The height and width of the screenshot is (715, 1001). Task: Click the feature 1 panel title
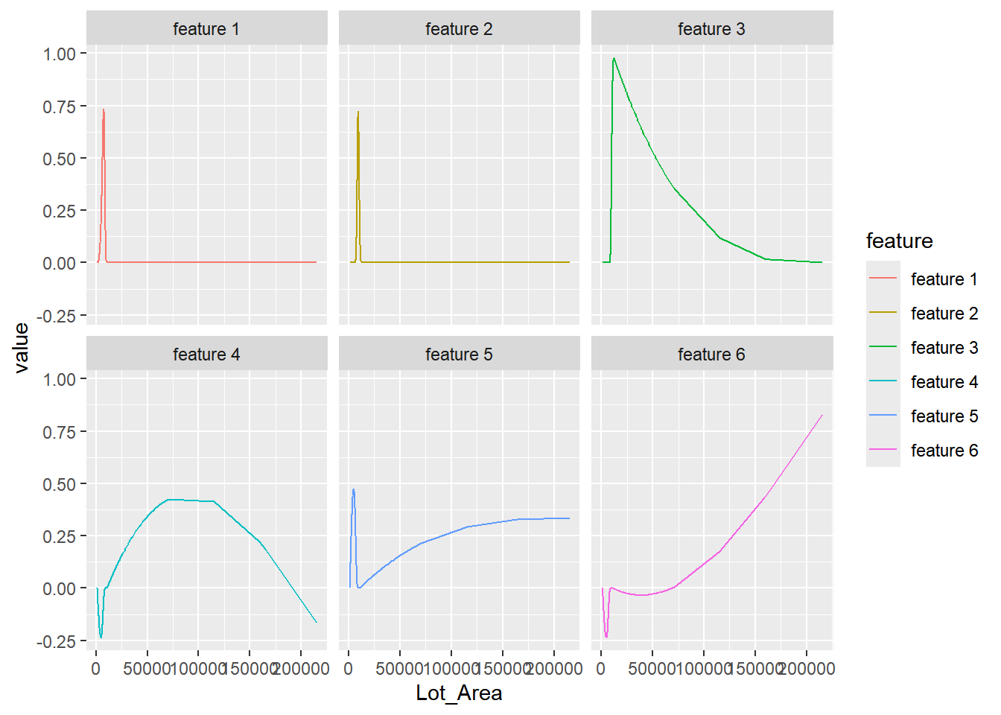tap(206, 29)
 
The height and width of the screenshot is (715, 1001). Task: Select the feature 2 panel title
tap(459, 29)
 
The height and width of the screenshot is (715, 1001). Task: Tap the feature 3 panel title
tap(711, 29)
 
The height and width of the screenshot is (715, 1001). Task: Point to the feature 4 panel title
tap(206, 355)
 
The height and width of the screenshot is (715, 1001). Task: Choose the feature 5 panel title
tap(459, 355)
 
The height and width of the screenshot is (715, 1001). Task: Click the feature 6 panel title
tap(711, 355)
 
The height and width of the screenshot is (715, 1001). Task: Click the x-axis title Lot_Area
tap(459, 693)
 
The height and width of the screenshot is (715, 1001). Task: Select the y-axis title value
tap(22, 347)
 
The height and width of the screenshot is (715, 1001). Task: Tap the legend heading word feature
tap(899, 241)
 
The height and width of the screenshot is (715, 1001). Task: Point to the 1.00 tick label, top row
tap(60, 54)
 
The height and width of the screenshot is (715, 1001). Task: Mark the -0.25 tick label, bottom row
tap(57, 642)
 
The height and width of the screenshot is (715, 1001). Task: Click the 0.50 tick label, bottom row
tap(60, 485)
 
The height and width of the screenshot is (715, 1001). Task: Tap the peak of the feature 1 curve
tap(104, 110)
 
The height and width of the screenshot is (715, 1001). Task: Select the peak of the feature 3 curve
tap(614, 58)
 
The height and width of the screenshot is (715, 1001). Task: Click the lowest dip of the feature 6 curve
tap(606, 637)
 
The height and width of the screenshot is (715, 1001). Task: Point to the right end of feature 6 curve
tap(822, 416)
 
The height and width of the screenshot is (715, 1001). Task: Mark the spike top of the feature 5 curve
tap(354, 489)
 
